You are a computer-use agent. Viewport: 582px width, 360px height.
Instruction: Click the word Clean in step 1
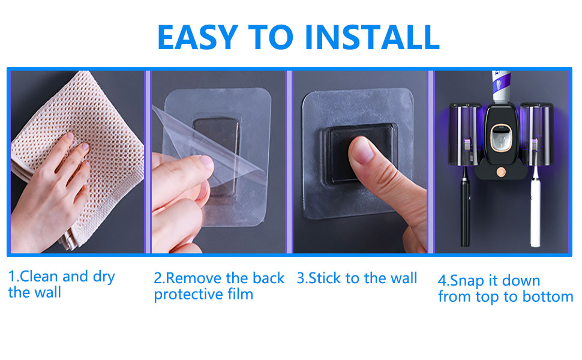pyautogui.click(x=40, y=277)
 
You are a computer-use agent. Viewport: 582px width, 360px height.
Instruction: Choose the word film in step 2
pyautogui.click(x=239, y=294)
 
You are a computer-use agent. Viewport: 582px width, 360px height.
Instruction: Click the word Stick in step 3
pyautogui.click(x=323, y=278)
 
